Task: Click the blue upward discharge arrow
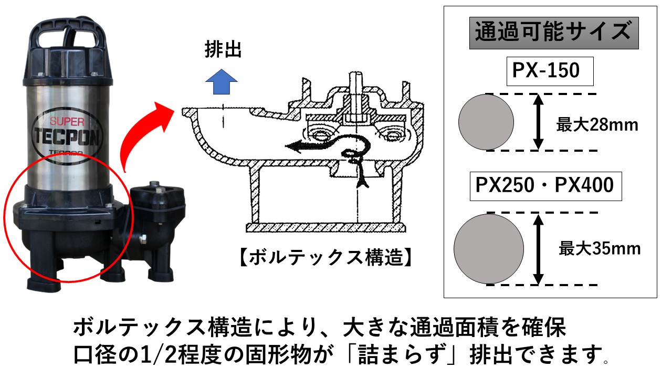[222, 82]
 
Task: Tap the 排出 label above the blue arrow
[223, 50]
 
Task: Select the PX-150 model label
[550, 71]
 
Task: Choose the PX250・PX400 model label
[545, 186]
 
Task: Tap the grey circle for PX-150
[486, 122]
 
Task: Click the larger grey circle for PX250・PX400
[489, 248]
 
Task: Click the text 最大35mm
[599, 248]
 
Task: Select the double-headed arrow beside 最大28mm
[538, 122]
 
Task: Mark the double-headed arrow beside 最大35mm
[538, 248]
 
